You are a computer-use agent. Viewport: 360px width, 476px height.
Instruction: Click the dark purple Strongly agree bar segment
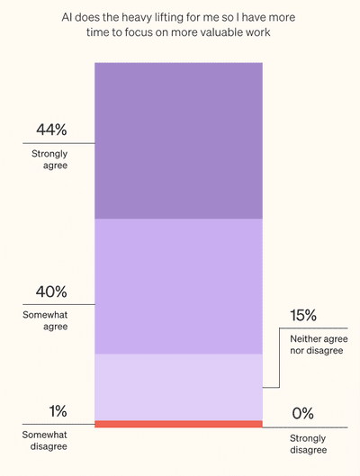coord(178,140)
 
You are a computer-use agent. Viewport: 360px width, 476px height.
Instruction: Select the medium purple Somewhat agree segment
coord(178,286)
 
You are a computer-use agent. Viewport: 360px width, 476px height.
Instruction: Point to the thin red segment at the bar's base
coord(178,424)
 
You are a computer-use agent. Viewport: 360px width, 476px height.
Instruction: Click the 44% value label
coord(49,130)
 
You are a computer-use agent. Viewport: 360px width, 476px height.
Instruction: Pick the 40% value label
coord(49,292)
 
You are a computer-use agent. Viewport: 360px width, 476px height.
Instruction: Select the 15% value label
coord(303,316)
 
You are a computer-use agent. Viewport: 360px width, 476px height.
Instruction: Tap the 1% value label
coord(58,411)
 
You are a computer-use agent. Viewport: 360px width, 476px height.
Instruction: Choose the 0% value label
coord(302,414)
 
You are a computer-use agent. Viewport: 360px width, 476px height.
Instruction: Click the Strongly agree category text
coord(49,159)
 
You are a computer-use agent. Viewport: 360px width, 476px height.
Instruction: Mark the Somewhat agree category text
coord(49,321)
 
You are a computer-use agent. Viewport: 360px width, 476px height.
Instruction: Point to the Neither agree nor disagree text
coord(317,344)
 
